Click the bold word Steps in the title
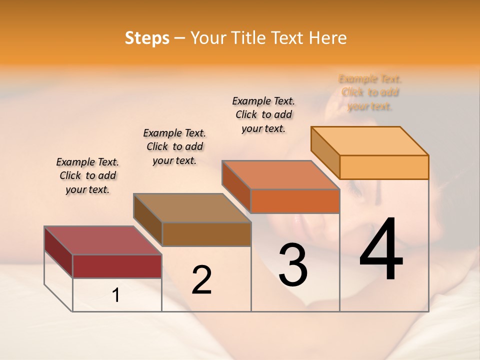(147, 38)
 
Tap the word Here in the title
(327, 38)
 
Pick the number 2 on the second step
(201, 280)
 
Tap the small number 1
(116, 295)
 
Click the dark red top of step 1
(102, 240)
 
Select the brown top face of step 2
(192, 208)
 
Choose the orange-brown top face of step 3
(280, 175)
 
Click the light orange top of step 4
(369, 141)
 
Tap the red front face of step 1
(117, 266)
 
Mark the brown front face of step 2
(206, 234)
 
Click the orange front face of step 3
(294, 201)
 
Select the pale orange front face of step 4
(383, 167)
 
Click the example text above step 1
(87, 175)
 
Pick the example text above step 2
(174, 146)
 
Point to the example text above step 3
(263, 114)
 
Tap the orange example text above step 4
(370, 92)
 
